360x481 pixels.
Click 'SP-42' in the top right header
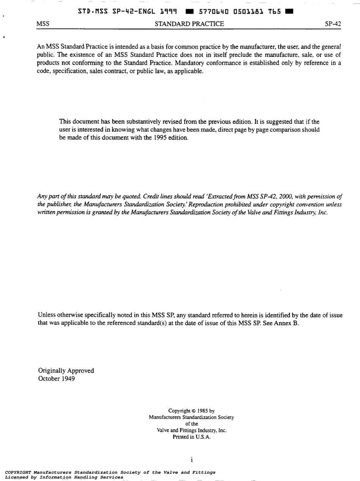[333, 24]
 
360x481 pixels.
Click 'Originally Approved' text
[66, 370]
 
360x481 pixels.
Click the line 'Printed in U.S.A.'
[191, 437]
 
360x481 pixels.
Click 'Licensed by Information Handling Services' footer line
[64, 477]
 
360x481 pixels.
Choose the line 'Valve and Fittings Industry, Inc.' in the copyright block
[191, 430]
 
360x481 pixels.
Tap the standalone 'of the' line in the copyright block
[191, 424]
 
